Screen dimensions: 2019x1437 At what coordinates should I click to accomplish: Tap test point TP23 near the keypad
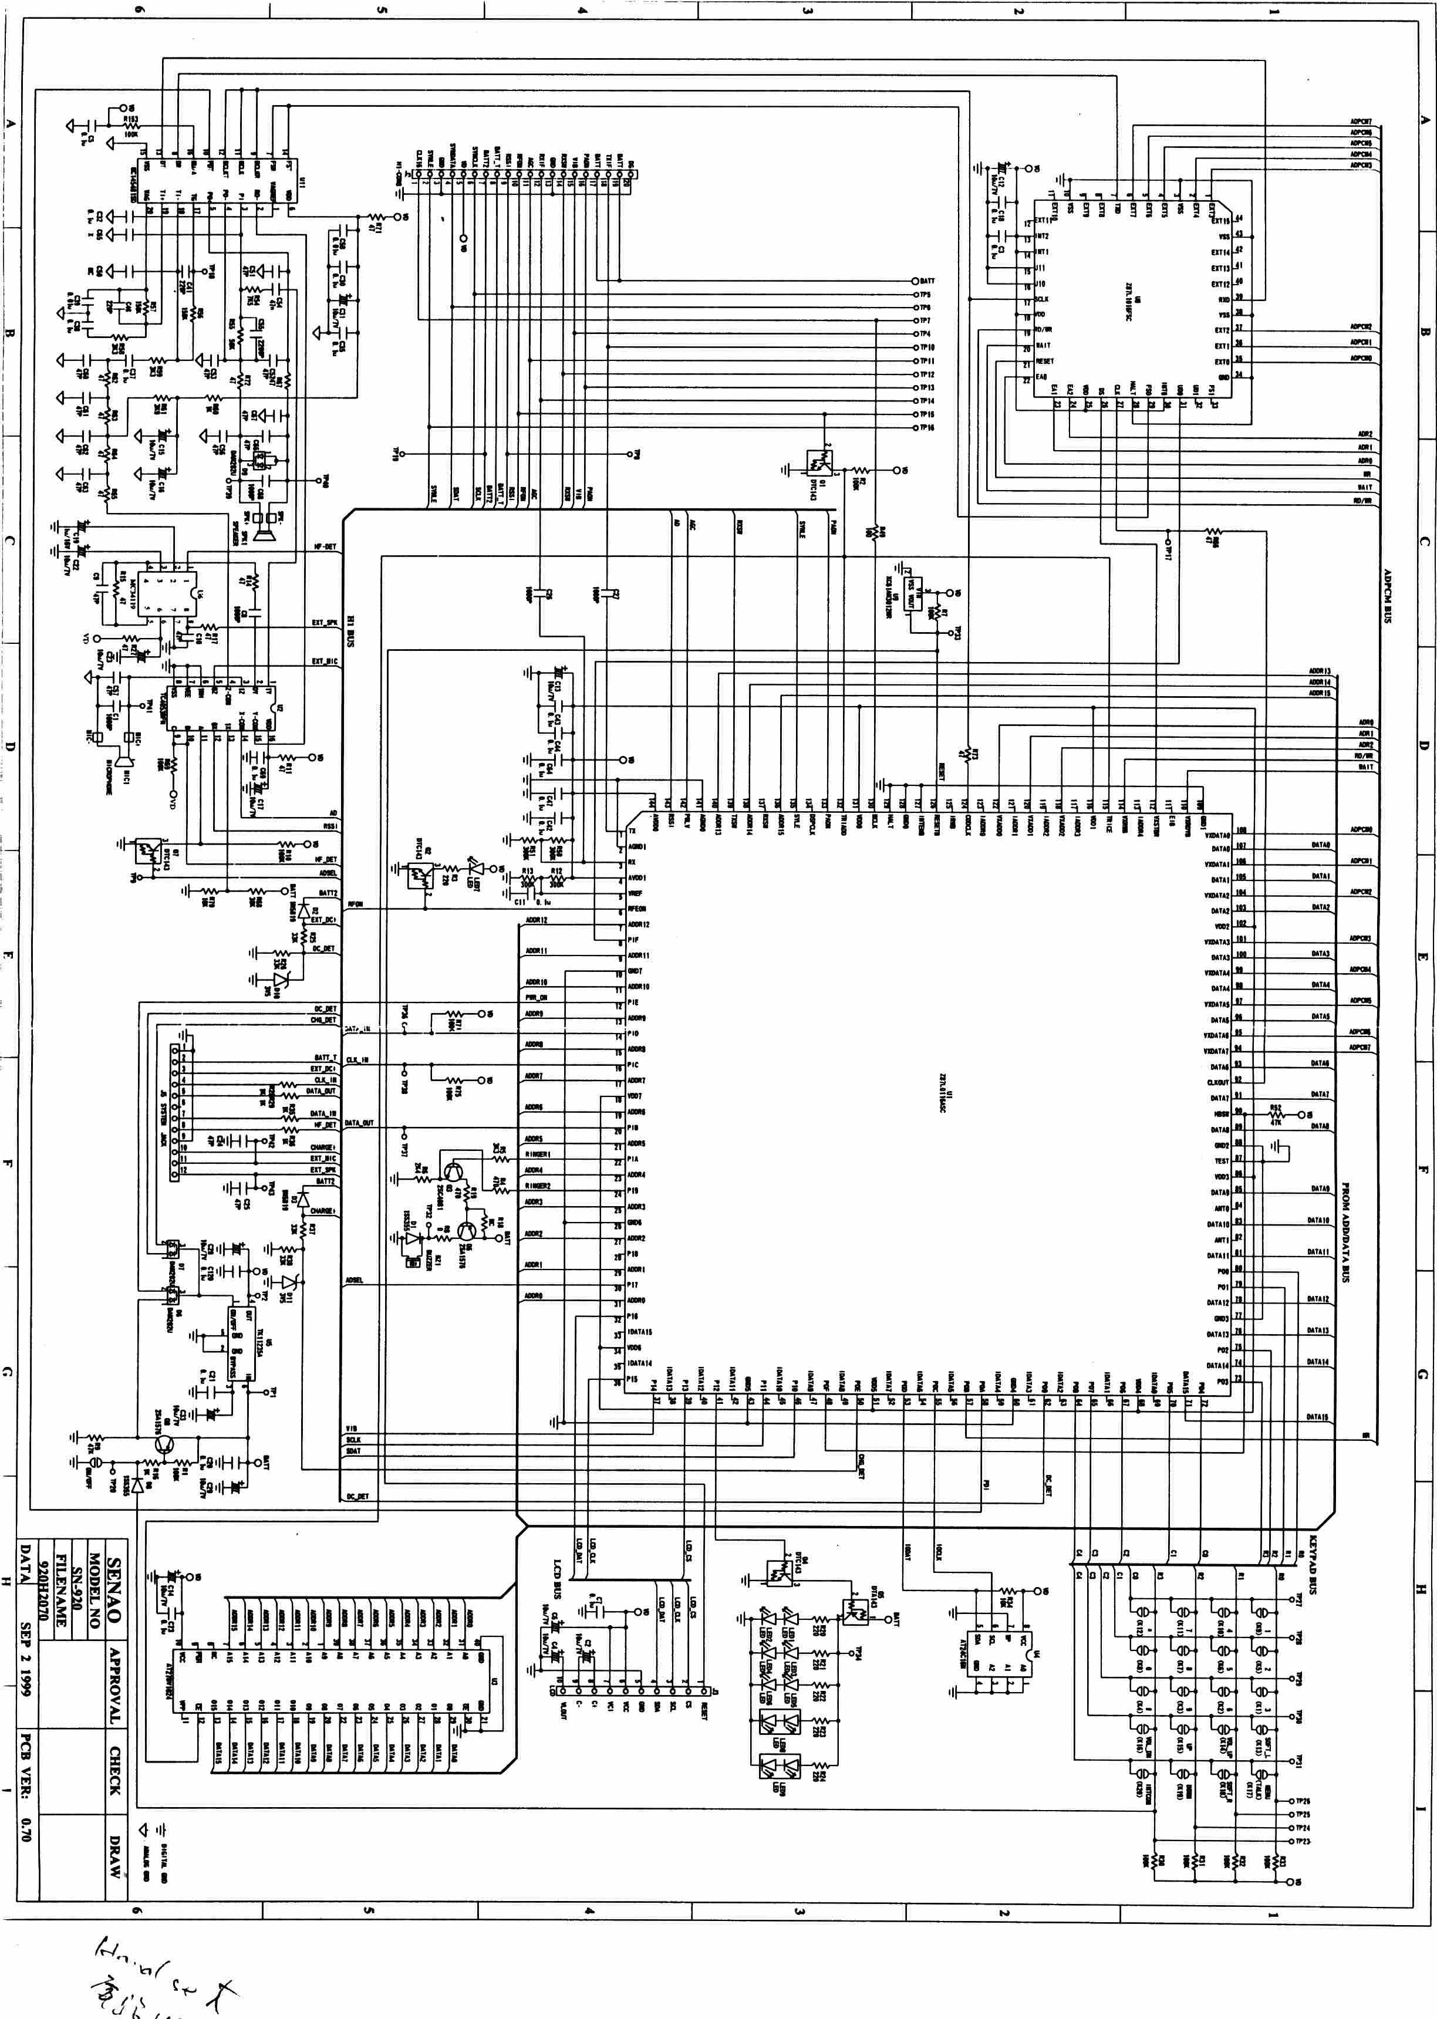point(1293,1841)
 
